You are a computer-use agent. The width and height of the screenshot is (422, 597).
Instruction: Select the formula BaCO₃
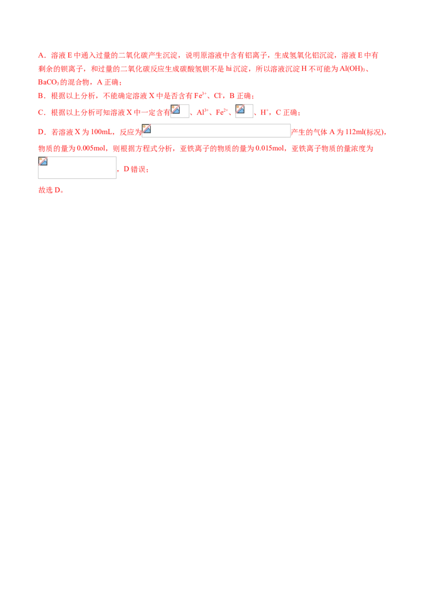49,82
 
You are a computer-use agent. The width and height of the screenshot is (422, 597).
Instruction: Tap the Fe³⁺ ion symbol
200,95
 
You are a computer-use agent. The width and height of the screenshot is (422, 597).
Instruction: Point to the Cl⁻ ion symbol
217,95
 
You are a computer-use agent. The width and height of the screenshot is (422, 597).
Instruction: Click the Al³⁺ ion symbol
202,112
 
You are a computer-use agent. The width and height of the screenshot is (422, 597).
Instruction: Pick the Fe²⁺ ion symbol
222,112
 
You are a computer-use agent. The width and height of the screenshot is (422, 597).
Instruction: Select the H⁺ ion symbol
264,112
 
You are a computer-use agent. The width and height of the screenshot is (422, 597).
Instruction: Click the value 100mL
101,132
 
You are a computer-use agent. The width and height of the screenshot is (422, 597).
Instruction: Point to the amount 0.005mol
91,149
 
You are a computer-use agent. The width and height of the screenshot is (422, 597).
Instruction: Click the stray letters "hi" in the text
228,69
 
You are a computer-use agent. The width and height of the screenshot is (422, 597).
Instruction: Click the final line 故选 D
51,190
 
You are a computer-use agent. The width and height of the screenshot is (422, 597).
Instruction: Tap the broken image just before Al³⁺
180,111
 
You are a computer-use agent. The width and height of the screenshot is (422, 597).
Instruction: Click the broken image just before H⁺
244,111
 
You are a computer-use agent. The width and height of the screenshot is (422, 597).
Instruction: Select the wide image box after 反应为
216,131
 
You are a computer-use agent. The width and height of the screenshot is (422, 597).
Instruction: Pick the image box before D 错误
78,168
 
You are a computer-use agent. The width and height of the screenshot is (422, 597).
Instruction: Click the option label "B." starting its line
42,96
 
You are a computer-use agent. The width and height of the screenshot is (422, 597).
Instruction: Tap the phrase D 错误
135,169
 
